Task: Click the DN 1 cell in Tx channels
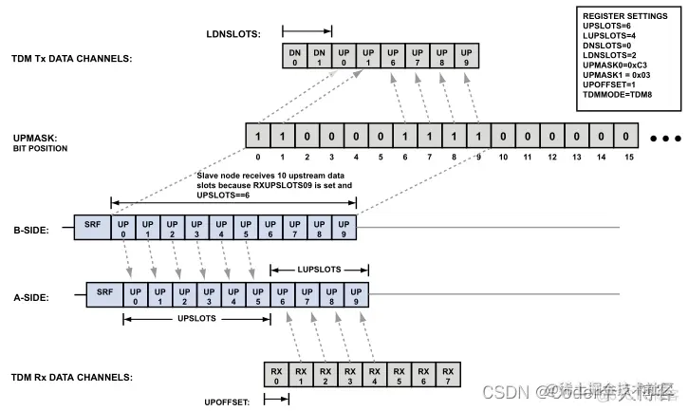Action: (320, 56)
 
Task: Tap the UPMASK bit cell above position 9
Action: (479, 137)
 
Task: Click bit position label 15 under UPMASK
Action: (627, 157)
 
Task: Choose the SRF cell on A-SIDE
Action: (105, 295)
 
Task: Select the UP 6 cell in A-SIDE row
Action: (283, 295)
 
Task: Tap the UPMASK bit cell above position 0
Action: (257, 137)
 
